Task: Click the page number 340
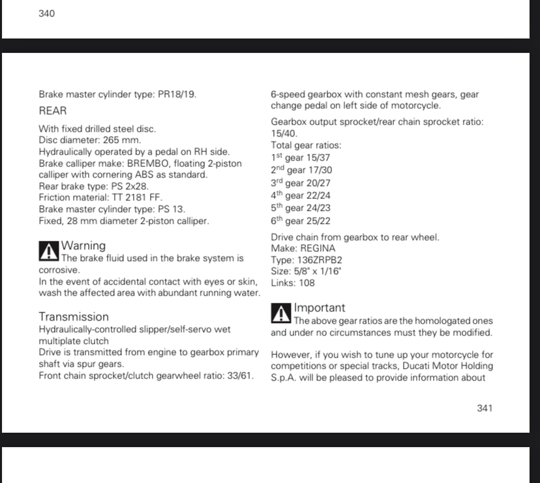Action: click(x=46, y=14)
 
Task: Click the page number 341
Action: click(x=485, y=408)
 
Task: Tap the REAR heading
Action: click(x=53, y=111)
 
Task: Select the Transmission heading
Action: click(x=74, y=317)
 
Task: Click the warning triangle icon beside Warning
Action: click(x=48, y=251)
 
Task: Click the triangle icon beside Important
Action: click(x=280, y=313)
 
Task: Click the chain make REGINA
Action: click(x=316, y=249)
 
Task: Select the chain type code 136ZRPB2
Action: click(x=320, y=260)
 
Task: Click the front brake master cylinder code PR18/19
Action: click(x=177, y=95)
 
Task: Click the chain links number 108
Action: click(x=306, y=283)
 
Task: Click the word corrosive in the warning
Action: click(x=59, y=270)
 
